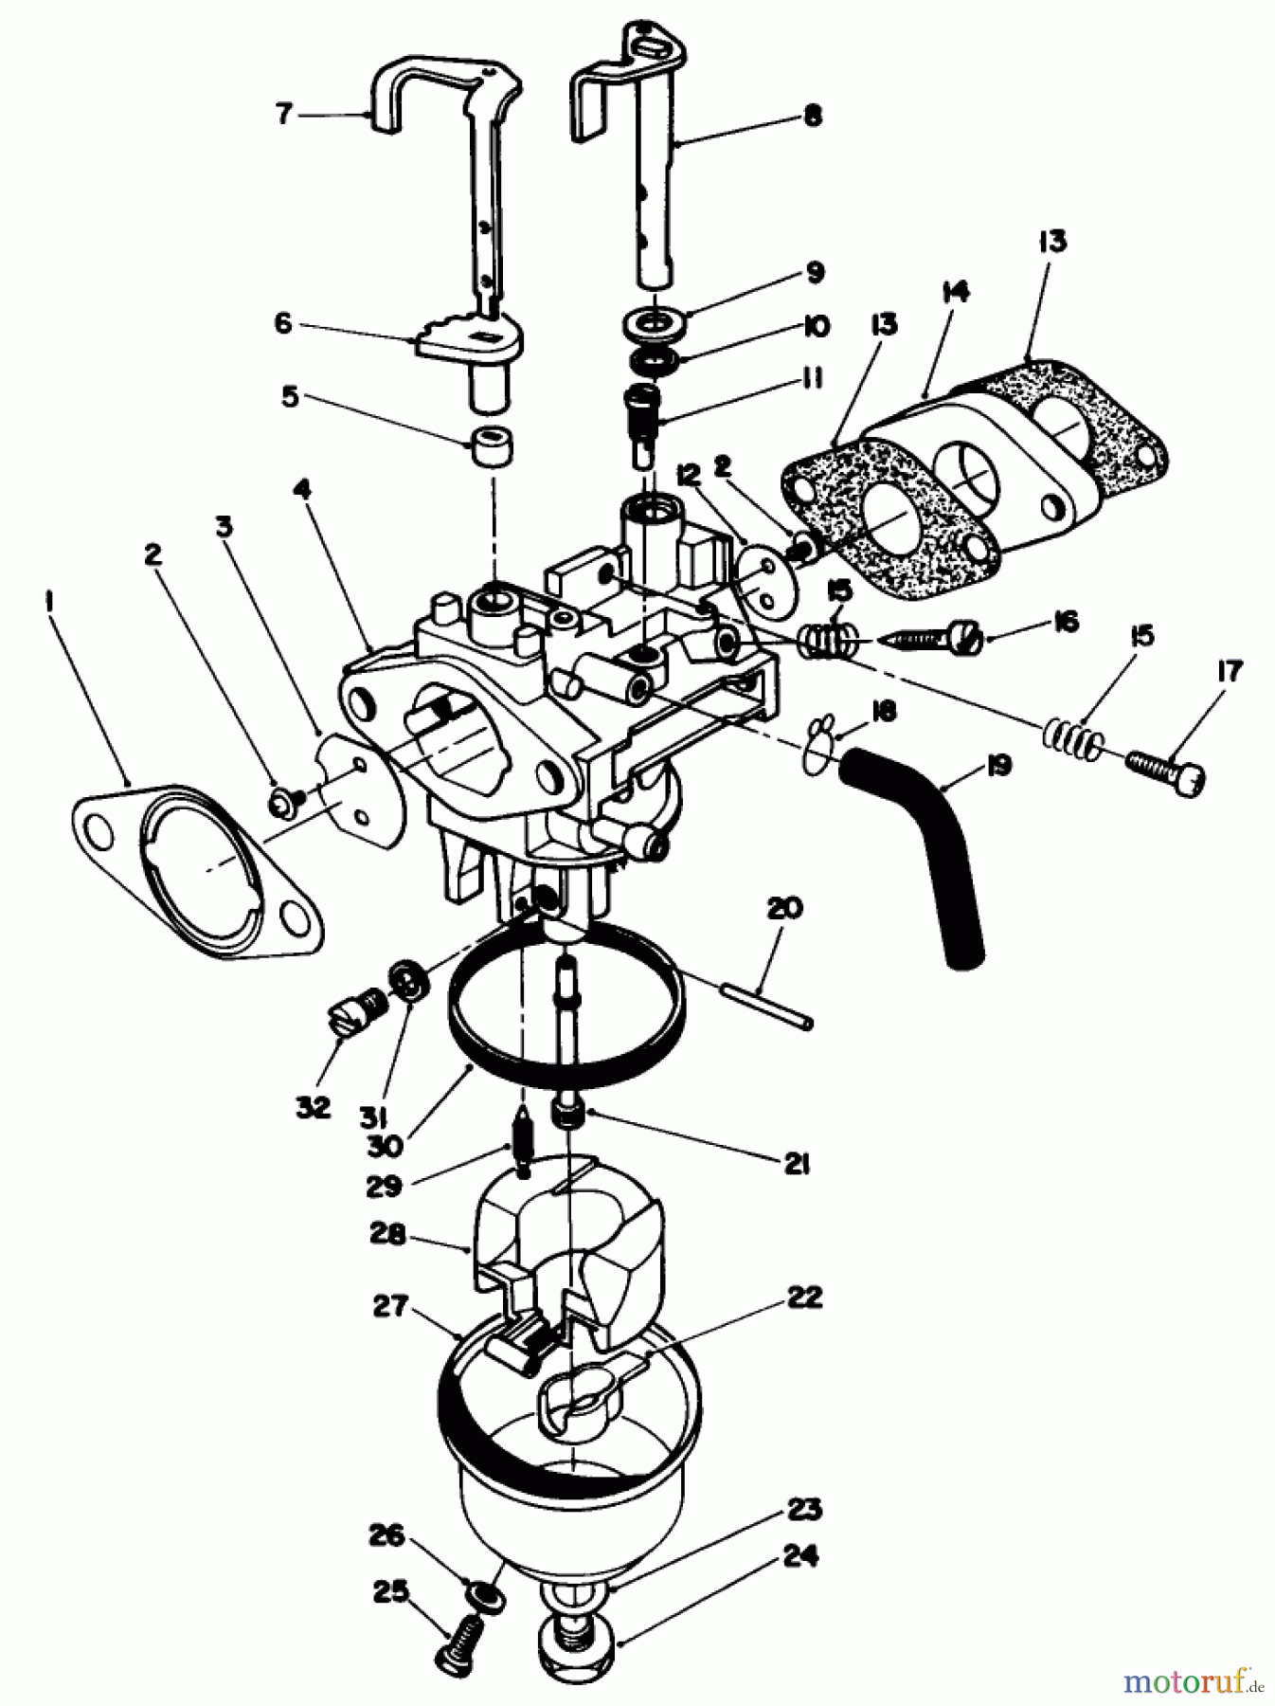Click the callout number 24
[x=798, y=1556]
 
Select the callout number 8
[x=812, y=117]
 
